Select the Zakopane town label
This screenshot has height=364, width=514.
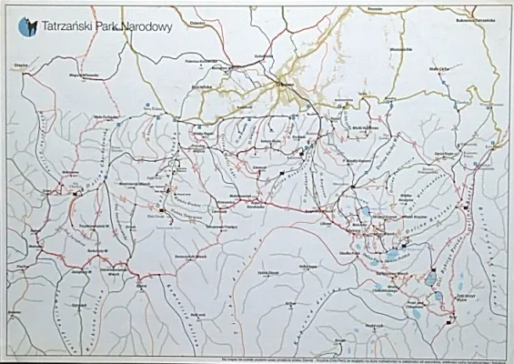[x=277, y=86]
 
